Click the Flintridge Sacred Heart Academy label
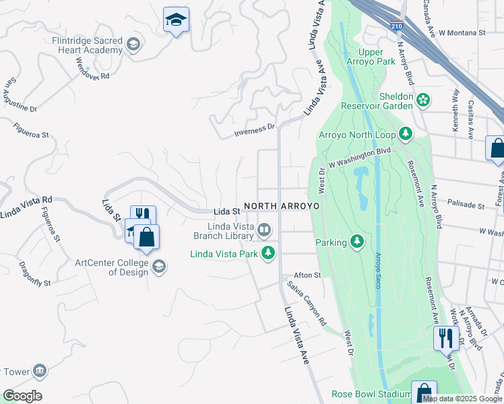(x=88, y=45)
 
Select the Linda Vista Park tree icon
(x=269, y=253)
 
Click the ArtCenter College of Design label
(x=112, y=267)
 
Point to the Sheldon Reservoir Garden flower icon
(x=423, y=101)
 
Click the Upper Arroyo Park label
(x=376, y=57)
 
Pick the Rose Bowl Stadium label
(x=371, y=395)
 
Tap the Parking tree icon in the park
(x=356, y=242)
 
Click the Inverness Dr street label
(x=255, y=129)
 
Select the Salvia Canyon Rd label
(x=307, y=301)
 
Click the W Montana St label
(x=462, y=32)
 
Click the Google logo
(x=22, y=396)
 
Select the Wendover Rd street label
(x=92, y=69)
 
